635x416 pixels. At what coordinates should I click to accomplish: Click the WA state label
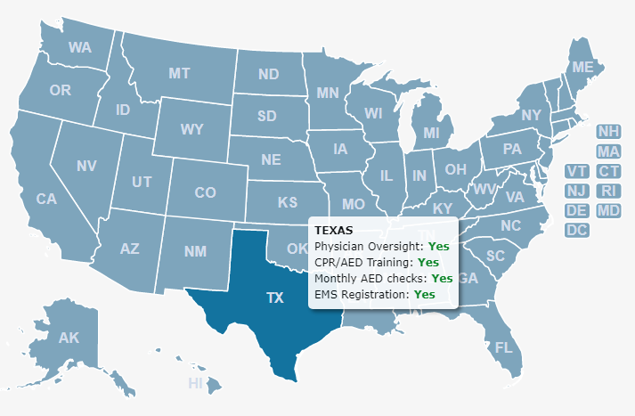coord(80,47)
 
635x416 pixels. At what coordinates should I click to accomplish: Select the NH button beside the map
coord(609,132)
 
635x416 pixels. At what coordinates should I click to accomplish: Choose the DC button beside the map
coord(577,230)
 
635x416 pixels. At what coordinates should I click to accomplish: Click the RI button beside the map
coord(609,191)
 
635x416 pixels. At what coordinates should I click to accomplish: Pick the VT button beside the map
coord(577,171)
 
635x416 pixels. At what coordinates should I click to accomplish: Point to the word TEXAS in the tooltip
coord(334,230)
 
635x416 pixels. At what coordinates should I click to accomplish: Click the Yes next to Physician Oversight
coord(438,246)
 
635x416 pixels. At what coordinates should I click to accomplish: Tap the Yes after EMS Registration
coord(424,294)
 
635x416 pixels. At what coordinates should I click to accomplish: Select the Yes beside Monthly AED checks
coord(442,278)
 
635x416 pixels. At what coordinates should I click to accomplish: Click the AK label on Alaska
coord(69,338)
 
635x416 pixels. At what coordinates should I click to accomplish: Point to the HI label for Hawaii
coord(196,383)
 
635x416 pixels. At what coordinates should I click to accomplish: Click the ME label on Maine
coord(582,68)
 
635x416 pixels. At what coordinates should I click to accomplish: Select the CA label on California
coord(46,200)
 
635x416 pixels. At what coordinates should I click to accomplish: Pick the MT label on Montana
coord(179,73)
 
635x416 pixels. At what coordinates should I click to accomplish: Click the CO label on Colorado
coord(205,192)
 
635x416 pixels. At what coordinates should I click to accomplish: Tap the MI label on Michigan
coord(432,133)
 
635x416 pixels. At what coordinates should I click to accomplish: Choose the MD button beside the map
coord(609,210)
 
